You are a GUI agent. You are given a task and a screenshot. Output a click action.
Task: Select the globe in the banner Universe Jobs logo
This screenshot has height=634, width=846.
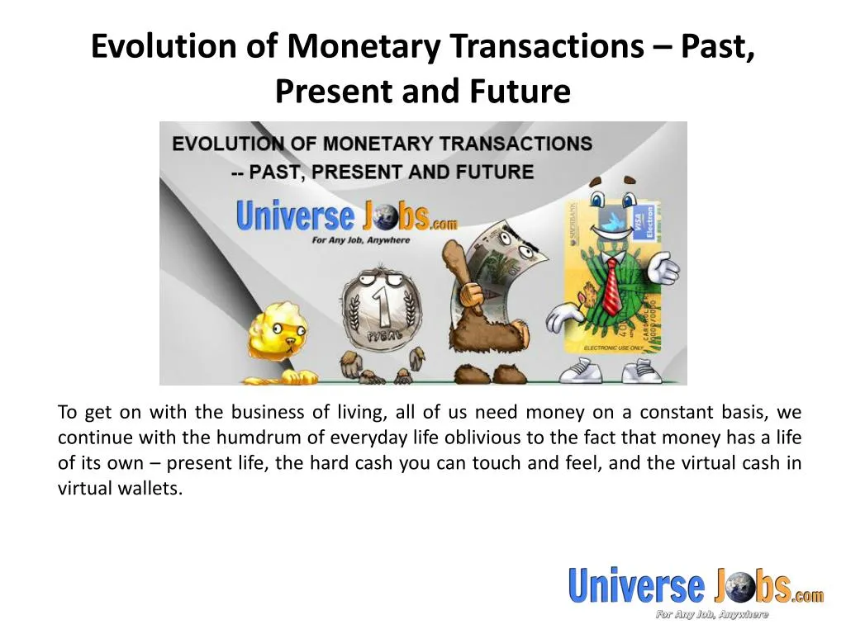click(x=383, y=218)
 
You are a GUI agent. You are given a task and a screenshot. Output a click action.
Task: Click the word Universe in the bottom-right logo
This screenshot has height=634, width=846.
click(x=636, y=586)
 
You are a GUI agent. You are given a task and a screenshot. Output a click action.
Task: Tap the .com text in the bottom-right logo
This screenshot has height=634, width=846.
click(x=807, y=594)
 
